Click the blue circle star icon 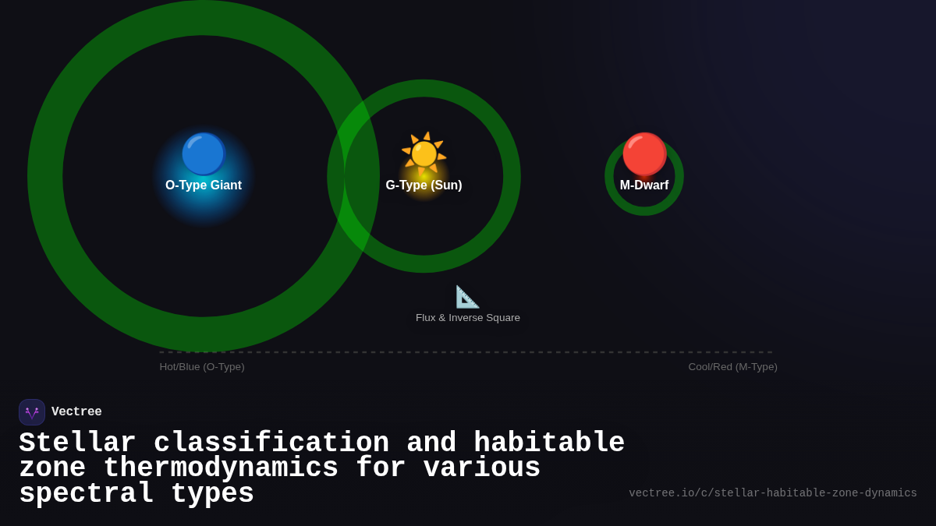tap(204, 154)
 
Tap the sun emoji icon tap(424, 154)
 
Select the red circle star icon tap(644, 154)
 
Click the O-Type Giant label tap(204, 185)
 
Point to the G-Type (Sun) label tap(424, 185)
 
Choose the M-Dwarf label tap(644, 185)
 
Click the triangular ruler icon tap(467, 297)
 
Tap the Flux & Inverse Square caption tap(468, 318)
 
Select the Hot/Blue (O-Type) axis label tap(202, 367)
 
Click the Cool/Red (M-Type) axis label tap(732, 367)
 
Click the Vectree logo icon tap(32, 412)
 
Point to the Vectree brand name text tap(76, 412)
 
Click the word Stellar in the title tap(77, 443)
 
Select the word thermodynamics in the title tap(221, 468)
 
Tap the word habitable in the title tap(549, 443)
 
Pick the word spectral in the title tap(86, 494)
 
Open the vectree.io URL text tap(772, 493)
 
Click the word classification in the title tap(271, 443)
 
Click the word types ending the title tap(212, 494)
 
